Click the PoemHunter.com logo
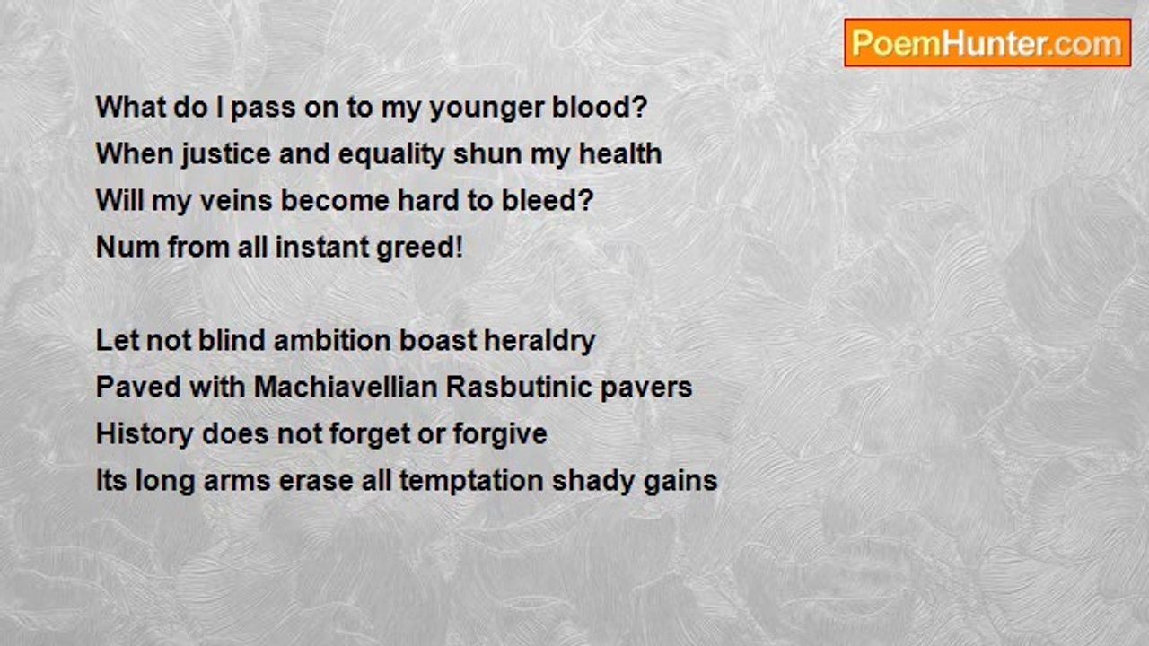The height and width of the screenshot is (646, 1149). pos(987,43)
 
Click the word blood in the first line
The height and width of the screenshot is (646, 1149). pos(599,107)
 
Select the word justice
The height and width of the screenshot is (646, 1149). pos(226,154)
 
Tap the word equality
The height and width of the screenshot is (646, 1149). pos(391,154)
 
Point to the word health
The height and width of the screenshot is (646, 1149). pos(620,153)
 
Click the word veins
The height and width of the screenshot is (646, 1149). pos(236,200)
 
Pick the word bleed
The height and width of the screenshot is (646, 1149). pos(547,200)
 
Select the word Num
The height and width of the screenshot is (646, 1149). pos(127,247)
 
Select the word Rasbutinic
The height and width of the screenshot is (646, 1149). pos(519,387)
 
